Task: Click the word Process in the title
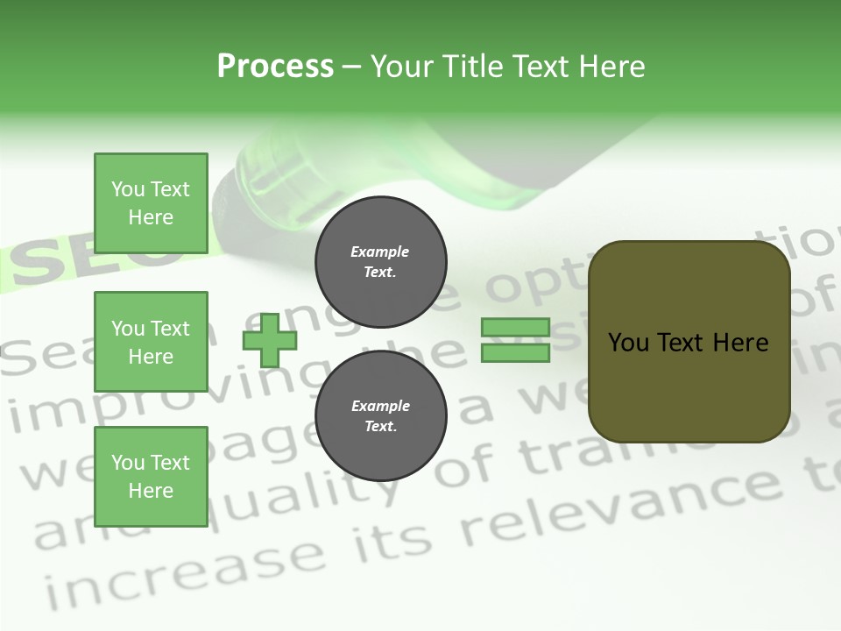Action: coord(275,67)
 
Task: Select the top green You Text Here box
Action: coord(151,203)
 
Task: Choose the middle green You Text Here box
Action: coord(151,342)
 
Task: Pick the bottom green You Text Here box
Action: coord(151,477)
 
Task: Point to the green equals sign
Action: coord(515,340)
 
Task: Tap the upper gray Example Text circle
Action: coord(380,261)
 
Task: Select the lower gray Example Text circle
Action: coord(380,415)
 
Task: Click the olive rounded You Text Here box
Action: coord(689,342)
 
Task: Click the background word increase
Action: coord(184,570)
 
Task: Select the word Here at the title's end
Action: coord(611,67)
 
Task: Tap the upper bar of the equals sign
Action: coord(515,328)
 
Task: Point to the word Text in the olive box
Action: coord(688,342)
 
